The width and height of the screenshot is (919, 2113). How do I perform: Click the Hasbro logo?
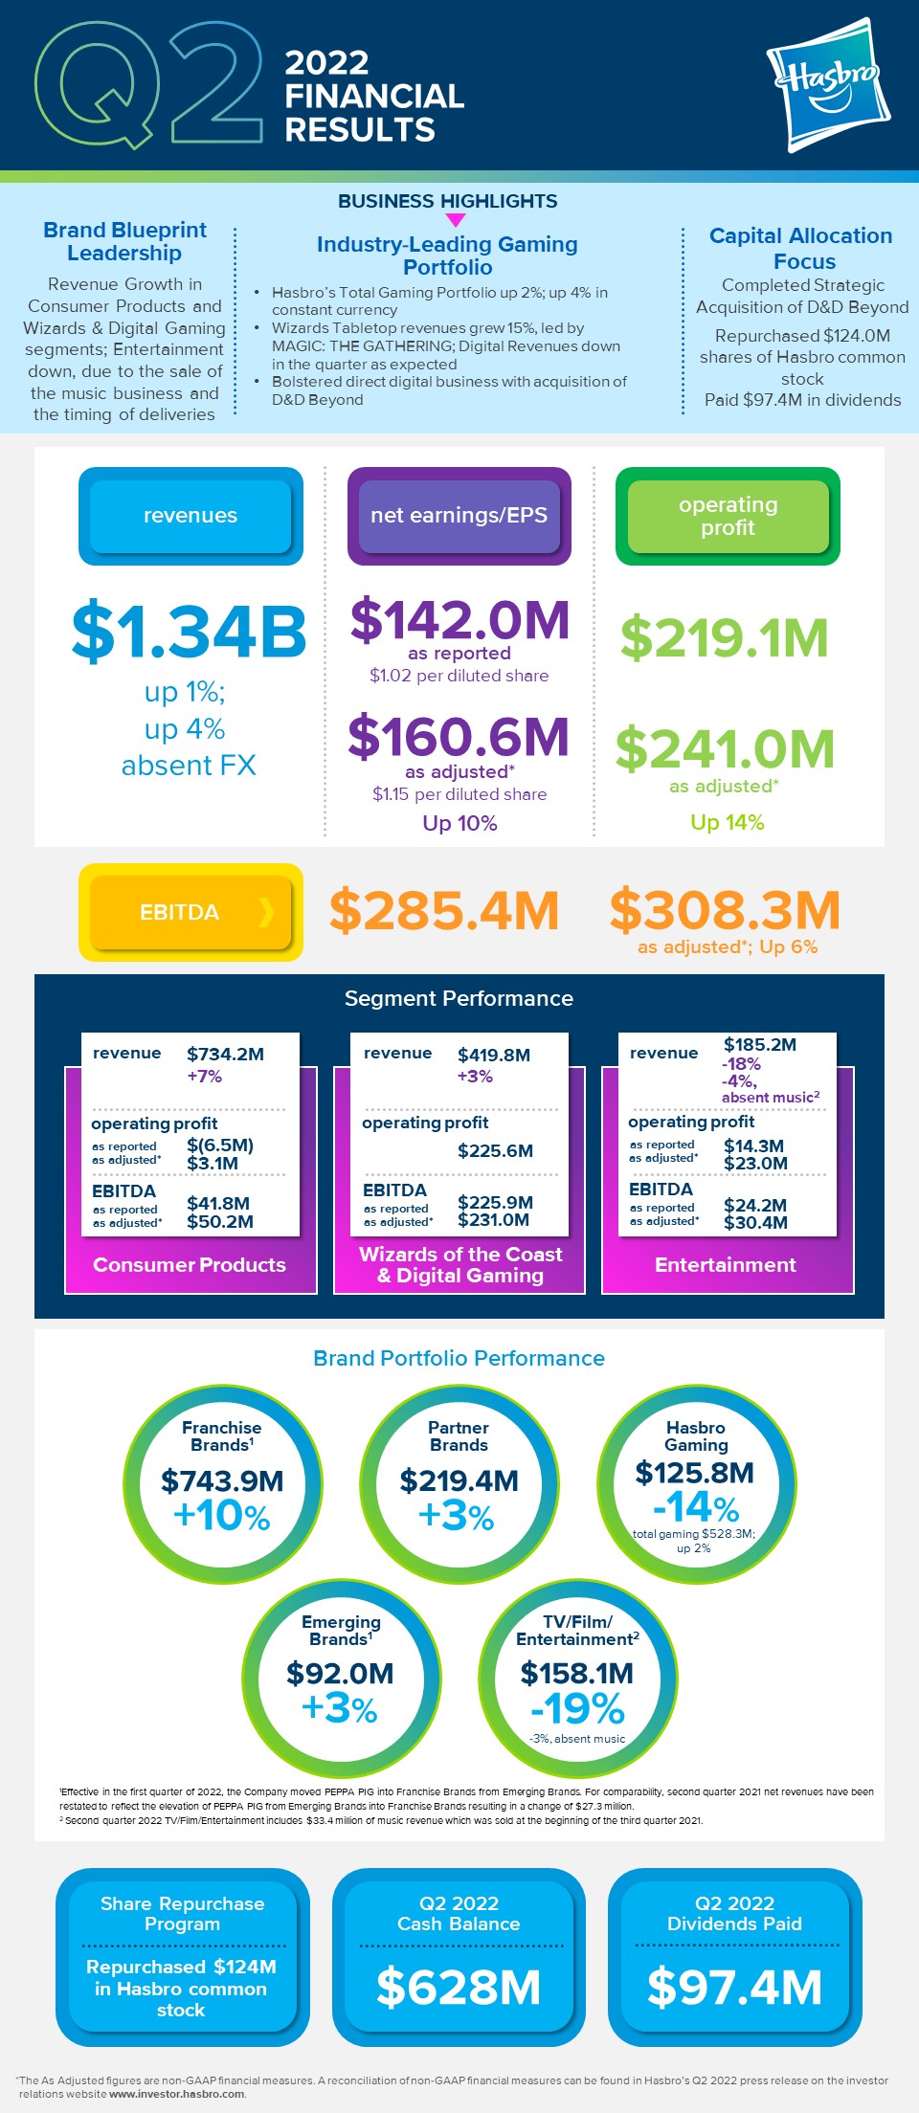[x=829, y=84]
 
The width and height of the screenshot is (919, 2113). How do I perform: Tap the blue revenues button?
[x=191, y=516]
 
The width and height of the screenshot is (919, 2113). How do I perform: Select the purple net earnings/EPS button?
[x=459, y=516]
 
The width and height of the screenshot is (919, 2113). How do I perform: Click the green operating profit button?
[x=728, y=516]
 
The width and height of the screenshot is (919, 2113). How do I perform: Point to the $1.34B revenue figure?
[x=189, y=632]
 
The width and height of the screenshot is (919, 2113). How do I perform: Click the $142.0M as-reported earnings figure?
[x=459, y=619]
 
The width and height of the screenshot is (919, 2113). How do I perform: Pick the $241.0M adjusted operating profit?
[x=725, y=748]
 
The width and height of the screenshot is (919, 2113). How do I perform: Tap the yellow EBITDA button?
[x=191, y=912]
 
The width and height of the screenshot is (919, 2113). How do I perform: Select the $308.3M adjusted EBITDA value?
[x=725, y=909]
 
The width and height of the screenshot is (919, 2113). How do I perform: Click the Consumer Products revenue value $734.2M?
[x=225, y=1054]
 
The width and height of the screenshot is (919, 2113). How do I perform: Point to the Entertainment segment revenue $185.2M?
[x=760, y=1044]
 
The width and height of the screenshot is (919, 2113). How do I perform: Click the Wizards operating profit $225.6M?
[x=495, y=1150]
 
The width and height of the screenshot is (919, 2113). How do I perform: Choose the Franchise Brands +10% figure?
[x=222, y=1516]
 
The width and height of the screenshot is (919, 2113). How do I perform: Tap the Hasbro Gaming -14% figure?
[x=696, y=1507]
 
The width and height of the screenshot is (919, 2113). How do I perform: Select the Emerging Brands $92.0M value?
[x=340, y=1674]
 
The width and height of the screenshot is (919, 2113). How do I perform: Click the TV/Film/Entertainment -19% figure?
[x=577, y=1709]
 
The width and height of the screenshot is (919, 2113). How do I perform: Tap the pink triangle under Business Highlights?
[x=456, y=220]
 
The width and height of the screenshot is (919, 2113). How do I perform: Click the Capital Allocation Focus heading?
[x=802, y=248]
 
